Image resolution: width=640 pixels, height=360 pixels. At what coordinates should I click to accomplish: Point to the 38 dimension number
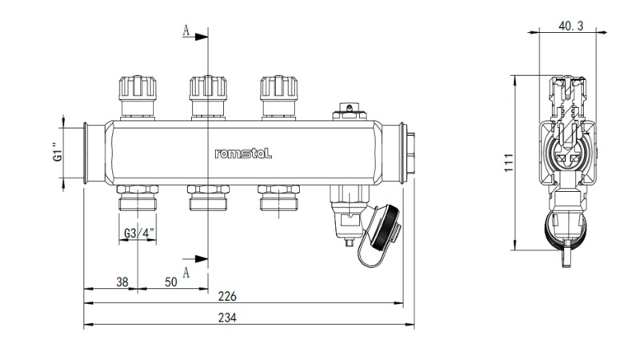[x=123, y=282]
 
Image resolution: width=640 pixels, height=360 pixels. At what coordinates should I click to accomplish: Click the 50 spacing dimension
[x=171, y=282]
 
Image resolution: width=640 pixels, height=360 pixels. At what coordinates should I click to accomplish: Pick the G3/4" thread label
[x=139, y=233]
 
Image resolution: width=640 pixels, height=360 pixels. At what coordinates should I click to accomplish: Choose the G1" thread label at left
[x=56, y=152]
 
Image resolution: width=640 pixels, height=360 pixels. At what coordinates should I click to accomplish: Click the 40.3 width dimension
[x=570, y=26]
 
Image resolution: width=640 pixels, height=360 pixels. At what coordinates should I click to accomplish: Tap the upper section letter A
[x=186, y=31]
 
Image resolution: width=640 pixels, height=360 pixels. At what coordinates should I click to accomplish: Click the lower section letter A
[x=186, y=272]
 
